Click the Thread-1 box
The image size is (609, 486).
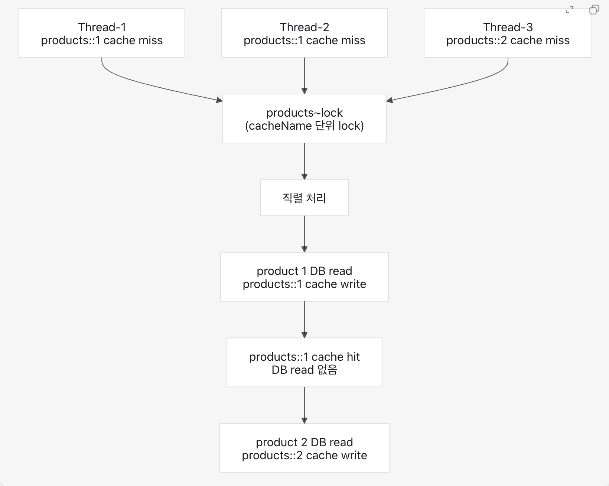click(102, 33)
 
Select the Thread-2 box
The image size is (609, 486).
click(304, 33)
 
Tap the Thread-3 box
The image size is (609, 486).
click(508, 33)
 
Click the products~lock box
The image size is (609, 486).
click(304, 119)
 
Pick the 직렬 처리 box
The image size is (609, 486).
click(304, 198)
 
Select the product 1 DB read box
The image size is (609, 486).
click(304, 277)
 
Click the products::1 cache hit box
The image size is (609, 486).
click(304, 362)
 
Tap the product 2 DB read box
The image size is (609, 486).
click(304, 448)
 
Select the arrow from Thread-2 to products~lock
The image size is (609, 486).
click(304, 76)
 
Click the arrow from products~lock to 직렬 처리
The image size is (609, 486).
click(304, 161)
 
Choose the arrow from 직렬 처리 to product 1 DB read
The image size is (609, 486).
click(304, 234)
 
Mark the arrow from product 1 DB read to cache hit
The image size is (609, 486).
click(304, 320)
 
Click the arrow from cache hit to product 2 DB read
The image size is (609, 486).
click(304, 405)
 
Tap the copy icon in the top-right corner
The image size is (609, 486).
click(594, 10)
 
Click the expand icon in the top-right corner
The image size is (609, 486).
click(569, 10)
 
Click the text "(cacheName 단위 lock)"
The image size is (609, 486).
click(304, 126)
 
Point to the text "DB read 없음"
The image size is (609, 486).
click(304, 370)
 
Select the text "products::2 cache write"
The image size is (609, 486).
click(304, 456)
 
